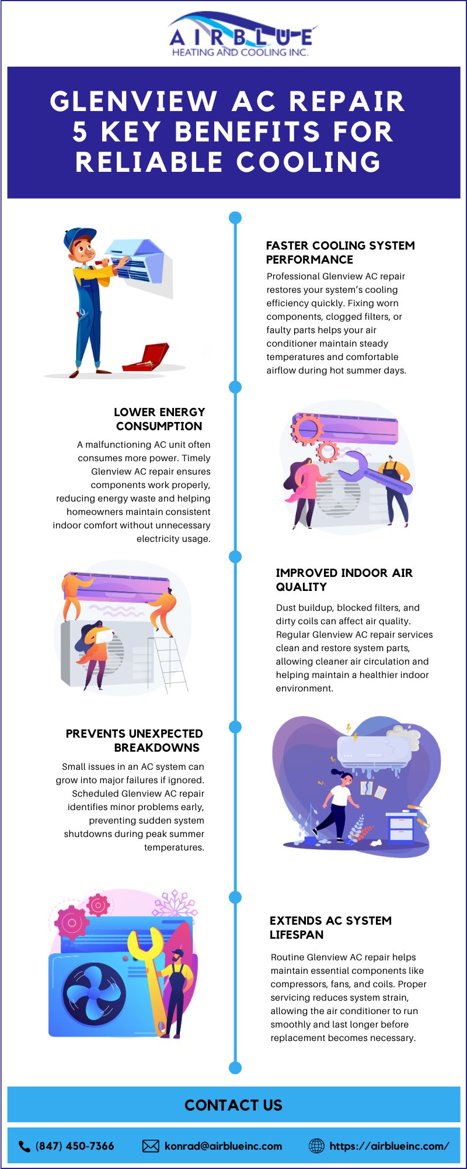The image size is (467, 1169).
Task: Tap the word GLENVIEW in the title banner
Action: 134,101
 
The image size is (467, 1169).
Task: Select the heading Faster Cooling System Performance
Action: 340,253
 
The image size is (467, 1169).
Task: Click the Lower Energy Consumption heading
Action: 159,419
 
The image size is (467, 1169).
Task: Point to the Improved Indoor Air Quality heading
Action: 344,580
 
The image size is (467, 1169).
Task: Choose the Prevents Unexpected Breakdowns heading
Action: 134,741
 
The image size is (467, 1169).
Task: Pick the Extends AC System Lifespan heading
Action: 330,928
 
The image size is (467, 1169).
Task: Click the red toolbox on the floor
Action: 146,357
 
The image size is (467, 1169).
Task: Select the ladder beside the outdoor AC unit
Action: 169,663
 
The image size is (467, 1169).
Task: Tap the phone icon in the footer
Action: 25,1146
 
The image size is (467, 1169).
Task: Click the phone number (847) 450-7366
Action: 75,1146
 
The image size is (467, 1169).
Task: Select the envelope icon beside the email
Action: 151,1146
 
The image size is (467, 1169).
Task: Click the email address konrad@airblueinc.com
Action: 224,1146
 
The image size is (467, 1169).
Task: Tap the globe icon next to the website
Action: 316,1146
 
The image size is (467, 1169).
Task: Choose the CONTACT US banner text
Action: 233,1105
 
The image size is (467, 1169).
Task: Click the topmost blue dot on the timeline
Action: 235,218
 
